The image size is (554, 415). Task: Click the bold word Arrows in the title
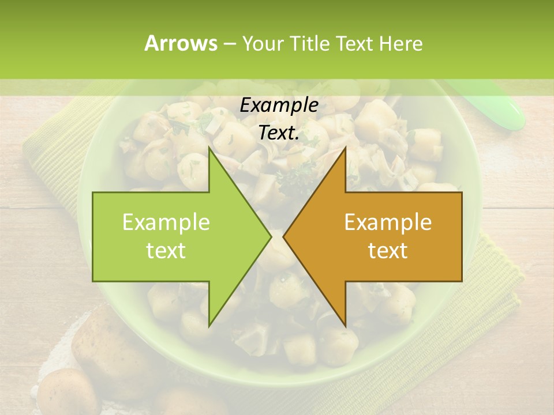[x=180, y=43]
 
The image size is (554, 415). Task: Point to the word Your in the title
[x=263, y=44]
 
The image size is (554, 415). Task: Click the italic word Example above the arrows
[x=279, y=105]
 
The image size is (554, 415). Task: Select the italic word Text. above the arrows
[x=279, y=133]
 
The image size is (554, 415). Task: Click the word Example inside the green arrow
[x=166, y=222]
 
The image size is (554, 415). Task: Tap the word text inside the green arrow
[x=166, y=250]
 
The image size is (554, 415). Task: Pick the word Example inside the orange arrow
[x=388, y=222]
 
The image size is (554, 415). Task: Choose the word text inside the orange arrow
[x=388, y=250]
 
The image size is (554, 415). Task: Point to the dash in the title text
[x=229, y=44]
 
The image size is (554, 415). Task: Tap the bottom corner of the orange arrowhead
[x=345, y=326]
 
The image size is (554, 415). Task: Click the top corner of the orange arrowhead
[x=345, y=148]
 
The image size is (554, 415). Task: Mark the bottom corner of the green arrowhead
[x=209, y=326]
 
